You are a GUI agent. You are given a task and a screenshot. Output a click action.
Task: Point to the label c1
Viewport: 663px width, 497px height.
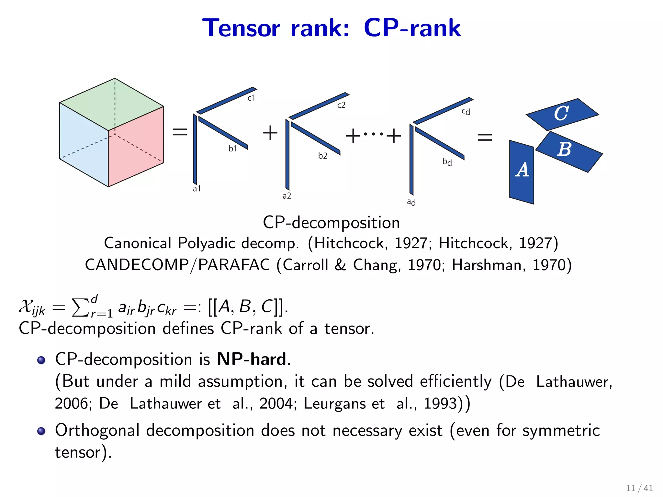coord(251,98)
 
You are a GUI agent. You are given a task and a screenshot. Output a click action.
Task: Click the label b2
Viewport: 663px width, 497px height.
coord(322,156)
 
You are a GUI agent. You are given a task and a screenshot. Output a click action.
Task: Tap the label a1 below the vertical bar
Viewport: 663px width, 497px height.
coord(197,189)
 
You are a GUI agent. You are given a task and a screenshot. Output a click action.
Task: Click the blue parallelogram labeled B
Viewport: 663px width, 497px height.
coord(568,151)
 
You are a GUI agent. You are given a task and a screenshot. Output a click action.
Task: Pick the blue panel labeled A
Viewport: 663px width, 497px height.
coord(522,171)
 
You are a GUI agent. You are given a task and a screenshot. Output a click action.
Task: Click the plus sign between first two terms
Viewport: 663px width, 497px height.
coord(270,133)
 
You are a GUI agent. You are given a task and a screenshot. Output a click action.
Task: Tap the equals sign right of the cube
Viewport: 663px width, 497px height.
coord(180,132)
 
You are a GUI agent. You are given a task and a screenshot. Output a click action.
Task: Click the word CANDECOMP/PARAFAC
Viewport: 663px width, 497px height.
coord(177,265)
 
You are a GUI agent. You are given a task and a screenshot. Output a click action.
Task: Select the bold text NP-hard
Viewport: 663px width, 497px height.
coord(252,359)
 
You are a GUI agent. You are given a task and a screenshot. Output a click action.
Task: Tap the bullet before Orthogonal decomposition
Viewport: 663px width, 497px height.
coord(41,431)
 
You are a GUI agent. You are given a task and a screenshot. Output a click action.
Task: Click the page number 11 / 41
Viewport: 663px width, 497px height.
coord(639,488)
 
